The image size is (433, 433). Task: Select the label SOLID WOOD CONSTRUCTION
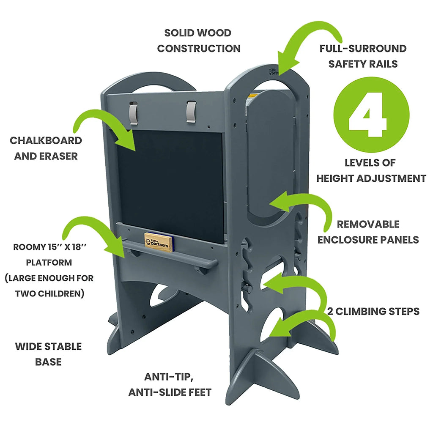pos(198,41)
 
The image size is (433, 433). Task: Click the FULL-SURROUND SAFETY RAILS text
pos(363,56)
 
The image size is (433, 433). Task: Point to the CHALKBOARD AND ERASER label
pos(46,148)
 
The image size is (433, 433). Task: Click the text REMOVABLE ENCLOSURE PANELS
pos(368,232)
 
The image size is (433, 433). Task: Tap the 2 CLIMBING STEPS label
pos(373,311)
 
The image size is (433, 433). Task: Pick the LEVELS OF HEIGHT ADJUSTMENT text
pos(371,170)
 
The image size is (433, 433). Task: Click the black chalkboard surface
pos(171,182)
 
